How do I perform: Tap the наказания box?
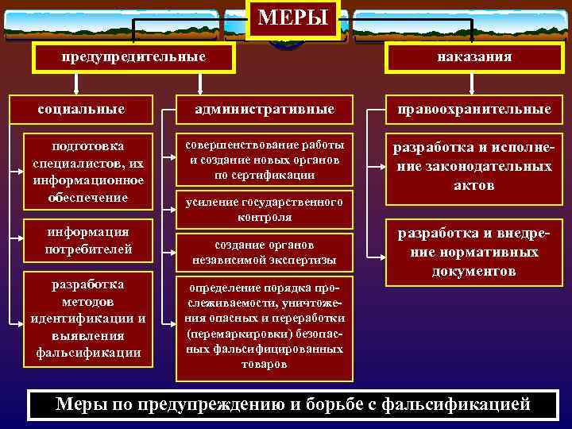pos(473,57)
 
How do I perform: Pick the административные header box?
pos(265,108)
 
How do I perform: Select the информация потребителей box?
pos(87,241)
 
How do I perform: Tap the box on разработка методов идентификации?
pos(87,318)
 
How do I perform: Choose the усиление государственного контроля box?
pos(265,209)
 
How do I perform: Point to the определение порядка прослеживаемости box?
pos(265,326)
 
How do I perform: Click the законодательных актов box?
pos(475,168)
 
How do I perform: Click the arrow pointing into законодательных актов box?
pos(377,168)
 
